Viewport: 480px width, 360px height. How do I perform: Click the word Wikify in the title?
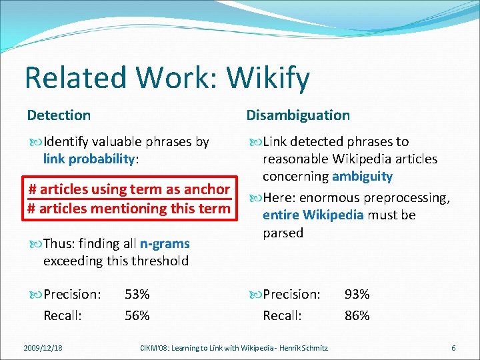pyautogui.click(x=268, y=78)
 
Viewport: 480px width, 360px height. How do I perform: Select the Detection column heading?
pyautogui.click(x=59, y=115)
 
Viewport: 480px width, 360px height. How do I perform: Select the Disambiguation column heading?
pyautogui.click(x=298, y=115)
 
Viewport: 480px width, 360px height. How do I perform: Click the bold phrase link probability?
pyautogui.click(x=89, y=159)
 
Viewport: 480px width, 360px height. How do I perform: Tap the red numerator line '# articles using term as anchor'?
pyautogui.click(x=129, y=189)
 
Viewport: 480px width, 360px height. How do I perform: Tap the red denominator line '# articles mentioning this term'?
pyautogui.click(x=129, y=208)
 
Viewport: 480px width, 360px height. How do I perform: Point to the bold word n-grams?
pyautogui.click(x=165, y=244)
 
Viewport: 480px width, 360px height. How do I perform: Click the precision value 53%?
pyautogui.click(x=137, y=294)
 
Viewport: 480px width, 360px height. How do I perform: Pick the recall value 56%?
pyautogui.click(x=137, y=315)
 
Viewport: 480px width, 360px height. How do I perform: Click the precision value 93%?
pyautogui.click(x=357, y=294)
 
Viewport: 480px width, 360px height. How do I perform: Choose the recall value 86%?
pyautogui.click(x=357, y=315)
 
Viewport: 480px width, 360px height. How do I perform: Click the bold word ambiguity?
pyautogui.click(x=362, y=177)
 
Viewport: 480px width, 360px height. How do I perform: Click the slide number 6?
pyautogui.click(x=453, y=347)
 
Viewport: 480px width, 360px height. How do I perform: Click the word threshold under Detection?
pyautogui.click(x=159, y=261)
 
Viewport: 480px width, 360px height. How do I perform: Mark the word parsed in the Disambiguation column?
pyautogui.click(x=283, y=233)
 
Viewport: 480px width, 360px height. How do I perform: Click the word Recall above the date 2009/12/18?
pyautogui.click(x=63, y=315)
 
